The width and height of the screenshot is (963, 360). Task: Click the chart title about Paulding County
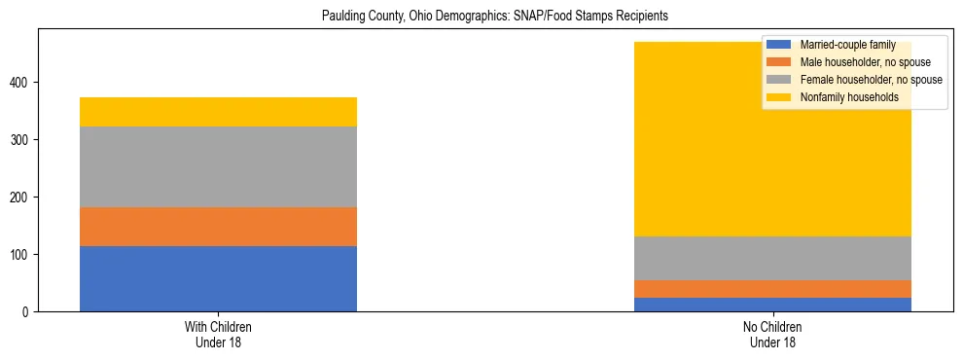pos(496,17)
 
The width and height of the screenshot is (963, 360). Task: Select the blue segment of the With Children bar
pos(218,278)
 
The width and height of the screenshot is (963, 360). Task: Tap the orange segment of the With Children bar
pos(218,227)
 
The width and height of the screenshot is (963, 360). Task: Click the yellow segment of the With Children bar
pos(218,112)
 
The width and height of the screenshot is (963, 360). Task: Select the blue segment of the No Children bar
pos(772,305)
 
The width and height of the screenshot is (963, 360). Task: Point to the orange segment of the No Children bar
pos(772,289)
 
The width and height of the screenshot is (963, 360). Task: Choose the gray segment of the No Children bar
pos(772,258)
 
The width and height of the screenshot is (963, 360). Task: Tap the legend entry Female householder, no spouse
pos(869,80)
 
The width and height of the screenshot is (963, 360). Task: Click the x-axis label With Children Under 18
pos(218,335)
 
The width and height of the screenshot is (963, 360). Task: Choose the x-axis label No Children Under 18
pos(772,335)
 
